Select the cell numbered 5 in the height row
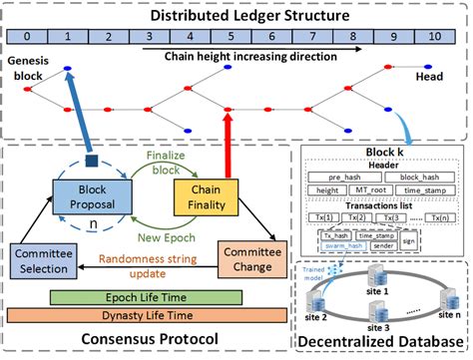pos(231,37)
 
